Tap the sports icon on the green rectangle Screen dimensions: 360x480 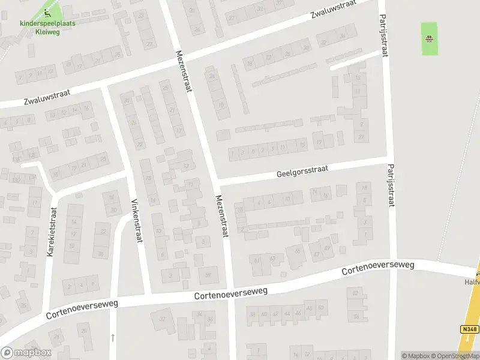pyautogui.click(x=429, y=40)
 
